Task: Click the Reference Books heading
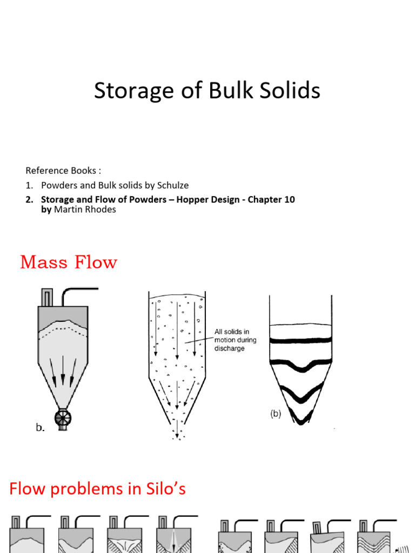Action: [63, 171]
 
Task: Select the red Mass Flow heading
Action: [69, 262]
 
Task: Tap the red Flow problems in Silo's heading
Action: [97, 489]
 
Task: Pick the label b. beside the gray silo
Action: [40, 427]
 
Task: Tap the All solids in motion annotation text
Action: [235, 340]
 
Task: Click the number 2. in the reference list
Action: [29, 199]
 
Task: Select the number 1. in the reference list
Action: [29, 185]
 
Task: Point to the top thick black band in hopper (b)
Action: [300, 341]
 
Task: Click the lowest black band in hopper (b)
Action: [300, 416]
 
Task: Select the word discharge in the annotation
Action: [230, 348]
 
